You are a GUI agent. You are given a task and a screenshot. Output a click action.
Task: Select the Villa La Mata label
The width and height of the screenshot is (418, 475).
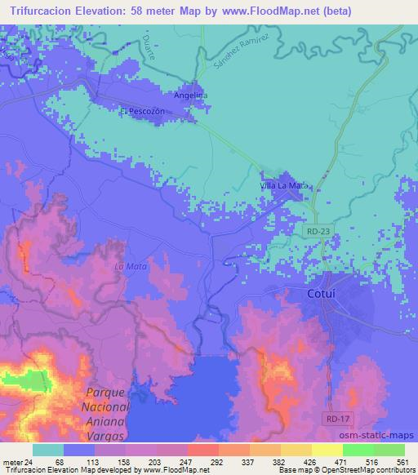[x=284, y=186]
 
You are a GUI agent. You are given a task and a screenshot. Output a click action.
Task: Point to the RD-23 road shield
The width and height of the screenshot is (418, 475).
[x=319, y=233]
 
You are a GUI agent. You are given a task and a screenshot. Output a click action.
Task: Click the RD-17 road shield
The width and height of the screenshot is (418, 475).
[x=333, y=416]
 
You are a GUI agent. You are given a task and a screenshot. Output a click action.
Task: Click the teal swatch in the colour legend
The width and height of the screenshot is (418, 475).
[x=49, y=450]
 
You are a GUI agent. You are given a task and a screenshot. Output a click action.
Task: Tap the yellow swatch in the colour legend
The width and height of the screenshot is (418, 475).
[x=327, y=450]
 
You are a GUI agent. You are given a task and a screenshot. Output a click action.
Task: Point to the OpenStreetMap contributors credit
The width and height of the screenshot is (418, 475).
[x=364, y=470]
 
